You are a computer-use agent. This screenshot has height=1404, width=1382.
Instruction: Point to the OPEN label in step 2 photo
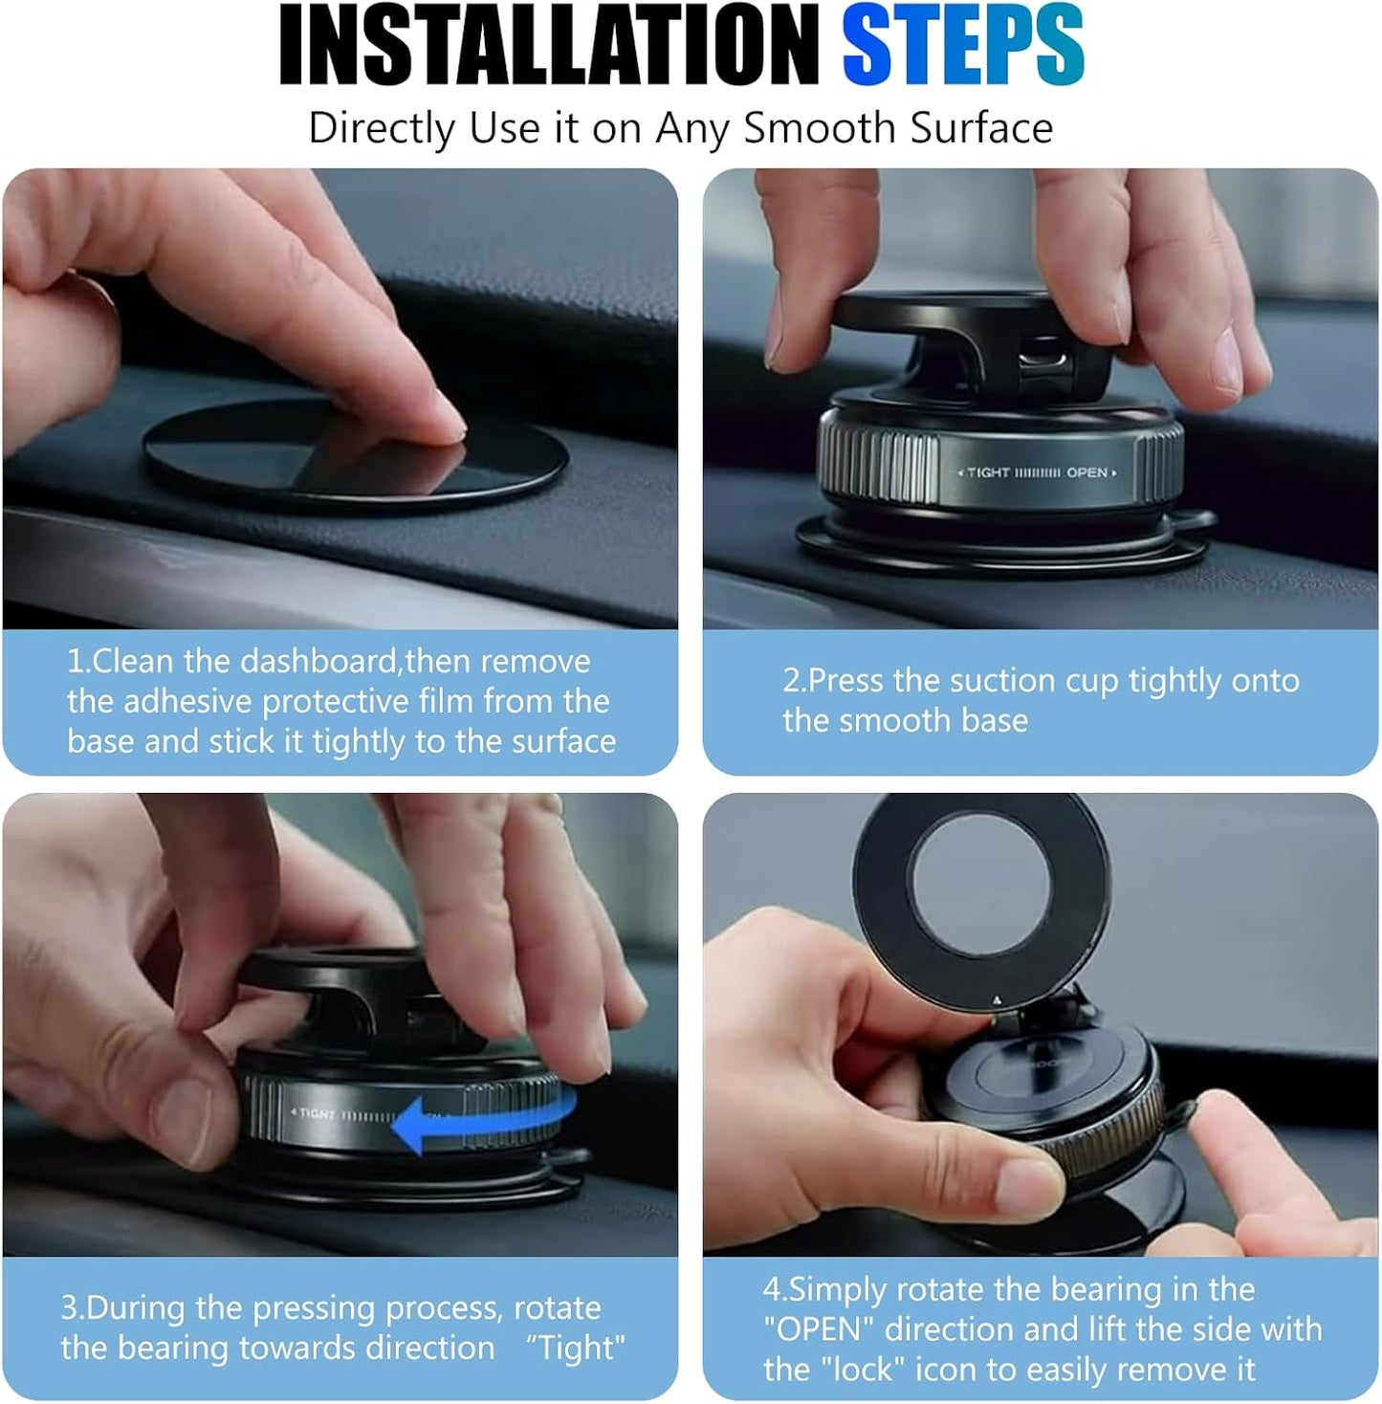[x=1087, y=472]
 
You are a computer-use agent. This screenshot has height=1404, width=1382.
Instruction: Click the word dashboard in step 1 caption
[x=319, y=661]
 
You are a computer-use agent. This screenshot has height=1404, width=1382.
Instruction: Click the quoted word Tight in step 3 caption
[x=576, y=1348]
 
